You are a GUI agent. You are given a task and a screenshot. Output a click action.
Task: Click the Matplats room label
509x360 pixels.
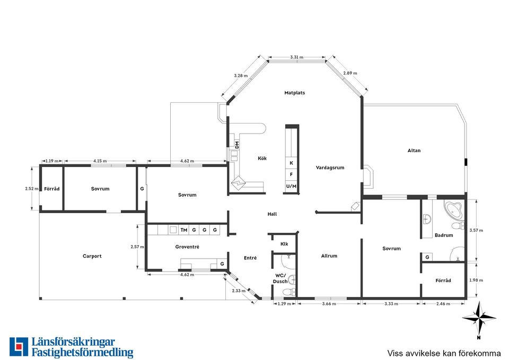(294, 93)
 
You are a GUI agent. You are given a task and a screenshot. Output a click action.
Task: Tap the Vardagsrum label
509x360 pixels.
(330, 168)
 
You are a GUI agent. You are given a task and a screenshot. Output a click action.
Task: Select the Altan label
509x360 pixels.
(414, 151)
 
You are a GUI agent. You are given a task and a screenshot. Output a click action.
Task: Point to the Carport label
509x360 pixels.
(92, 256)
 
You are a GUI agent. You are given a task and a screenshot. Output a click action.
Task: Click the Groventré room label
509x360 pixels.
(187, 247)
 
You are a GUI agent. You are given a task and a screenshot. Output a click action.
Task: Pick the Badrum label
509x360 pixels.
(444, 235)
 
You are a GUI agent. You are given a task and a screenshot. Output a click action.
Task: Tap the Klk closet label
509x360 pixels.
(284, 244)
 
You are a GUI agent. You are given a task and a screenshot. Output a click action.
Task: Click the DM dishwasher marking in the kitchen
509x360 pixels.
(237, 145)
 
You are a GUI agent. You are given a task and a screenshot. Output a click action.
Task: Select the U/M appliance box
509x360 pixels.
(291, 186)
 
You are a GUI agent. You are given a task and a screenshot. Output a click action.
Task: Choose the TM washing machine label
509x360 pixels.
(184, 230)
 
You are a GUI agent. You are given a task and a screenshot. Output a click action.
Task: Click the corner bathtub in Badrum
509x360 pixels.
(454, 210)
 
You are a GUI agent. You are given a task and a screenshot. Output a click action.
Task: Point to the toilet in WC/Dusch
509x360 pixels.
(288, 292)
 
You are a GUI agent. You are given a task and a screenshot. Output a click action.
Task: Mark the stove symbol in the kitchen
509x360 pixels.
(239, 183)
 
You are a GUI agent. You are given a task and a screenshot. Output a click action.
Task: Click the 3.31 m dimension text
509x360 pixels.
(297, 57)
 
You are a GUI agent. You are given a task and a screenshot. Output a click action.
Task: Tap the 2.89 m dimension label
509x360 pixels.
(350, 73)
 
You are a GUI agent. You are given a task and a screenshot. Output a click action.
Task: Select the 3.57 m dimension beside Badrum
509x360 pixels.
(476, 231)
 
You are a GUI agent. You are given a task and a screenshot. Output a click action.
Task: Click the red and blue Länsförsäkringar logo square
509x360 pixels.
(19, 347)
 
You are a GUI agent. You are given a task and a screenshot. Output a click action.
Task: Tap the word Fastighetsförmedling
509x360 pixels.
(83, 353)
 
